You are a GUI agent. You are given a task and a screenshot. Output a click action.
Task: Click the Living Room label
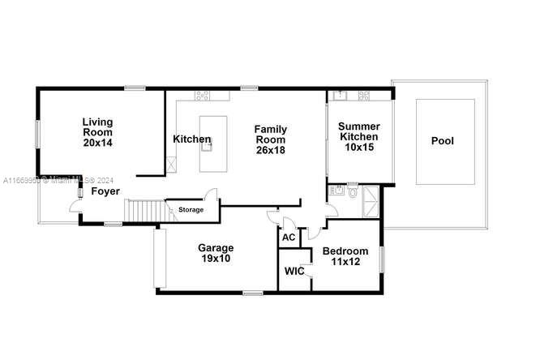click(x=97, y=132)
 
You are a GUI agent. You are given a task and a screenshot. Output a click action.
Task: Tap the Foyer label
click(x=105, y=191)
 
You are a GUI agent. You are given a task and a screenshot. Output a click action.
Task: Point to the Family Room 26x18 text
click(x=270, y=139)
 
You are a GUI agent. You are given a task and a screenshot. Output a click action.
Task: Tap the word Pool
click(x=442, y=141)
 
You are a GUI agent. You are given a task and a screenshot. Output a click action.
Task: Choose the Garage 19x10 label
click(x=216, y=253)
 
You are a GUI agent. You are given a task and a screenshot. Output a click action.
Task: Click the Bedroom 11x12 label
click(x=345, y=256)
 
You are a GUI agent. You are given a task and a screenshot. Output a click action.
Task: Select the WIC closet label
click(x=294, y=271)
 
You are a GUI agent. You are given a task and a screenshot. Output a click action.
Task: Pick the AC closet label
click(x=289, y=238)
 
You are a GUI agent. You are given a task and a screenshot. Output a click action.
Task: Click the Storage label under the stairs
click(x=191, y=210)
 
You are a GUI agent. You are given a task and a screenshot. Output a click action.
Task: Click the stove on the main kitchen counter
click(x=202, y=95)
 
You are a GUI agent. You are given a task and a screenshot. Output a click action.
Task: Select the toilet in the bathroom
click(x=351, y=195)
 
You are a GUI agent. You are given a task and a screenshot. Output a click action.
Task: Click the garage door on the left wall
click(x=160, y=259)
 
